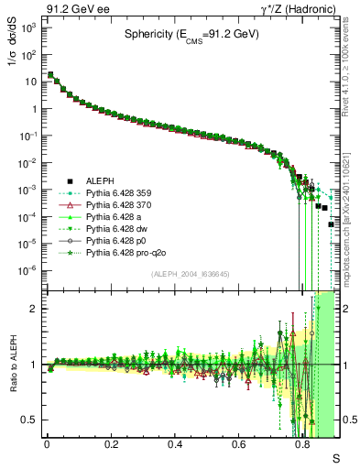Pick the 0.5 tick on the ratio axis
[x=30, y=420]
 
